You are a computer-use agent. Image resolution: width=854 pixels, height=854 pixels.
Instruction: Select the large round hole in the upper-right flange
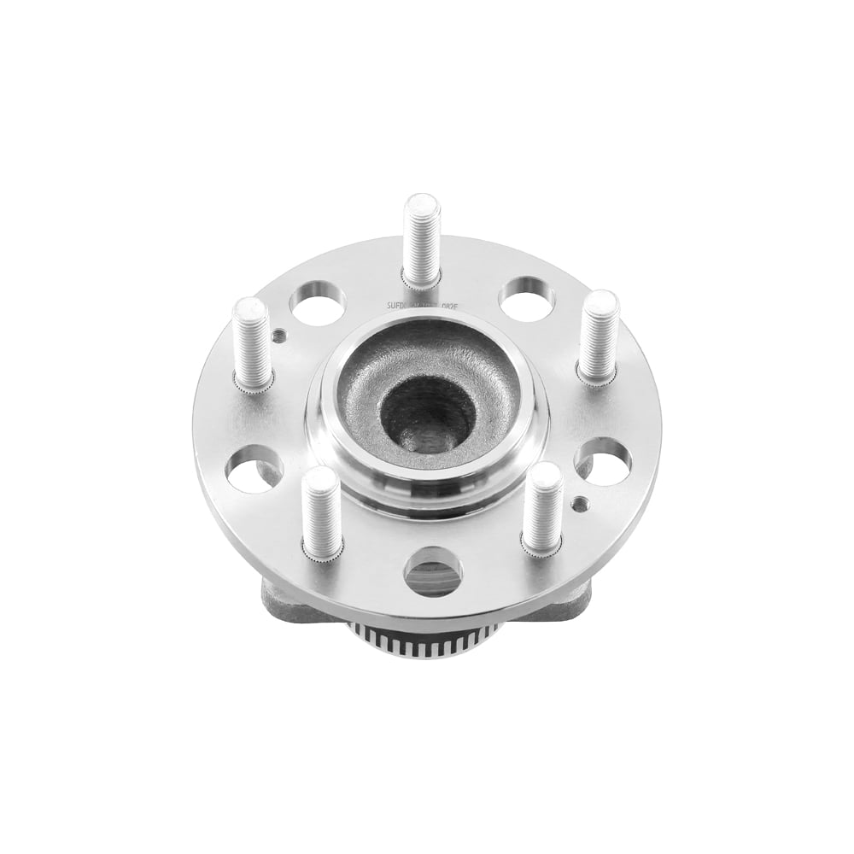[527, 300]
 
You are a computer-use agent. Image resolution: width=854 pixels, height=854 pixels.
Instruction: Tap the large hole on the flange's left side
[254, 469]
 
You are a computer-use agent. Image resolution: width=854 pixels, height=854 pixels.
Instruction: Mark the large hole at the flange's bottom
[433, 571]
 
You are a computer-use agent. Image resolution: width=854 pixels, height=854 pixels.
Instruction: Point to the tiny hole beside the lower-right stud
[580, 503]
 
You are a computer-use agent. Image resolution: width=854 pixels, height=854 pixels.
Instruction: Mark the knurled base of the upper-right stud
[598, 376]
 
